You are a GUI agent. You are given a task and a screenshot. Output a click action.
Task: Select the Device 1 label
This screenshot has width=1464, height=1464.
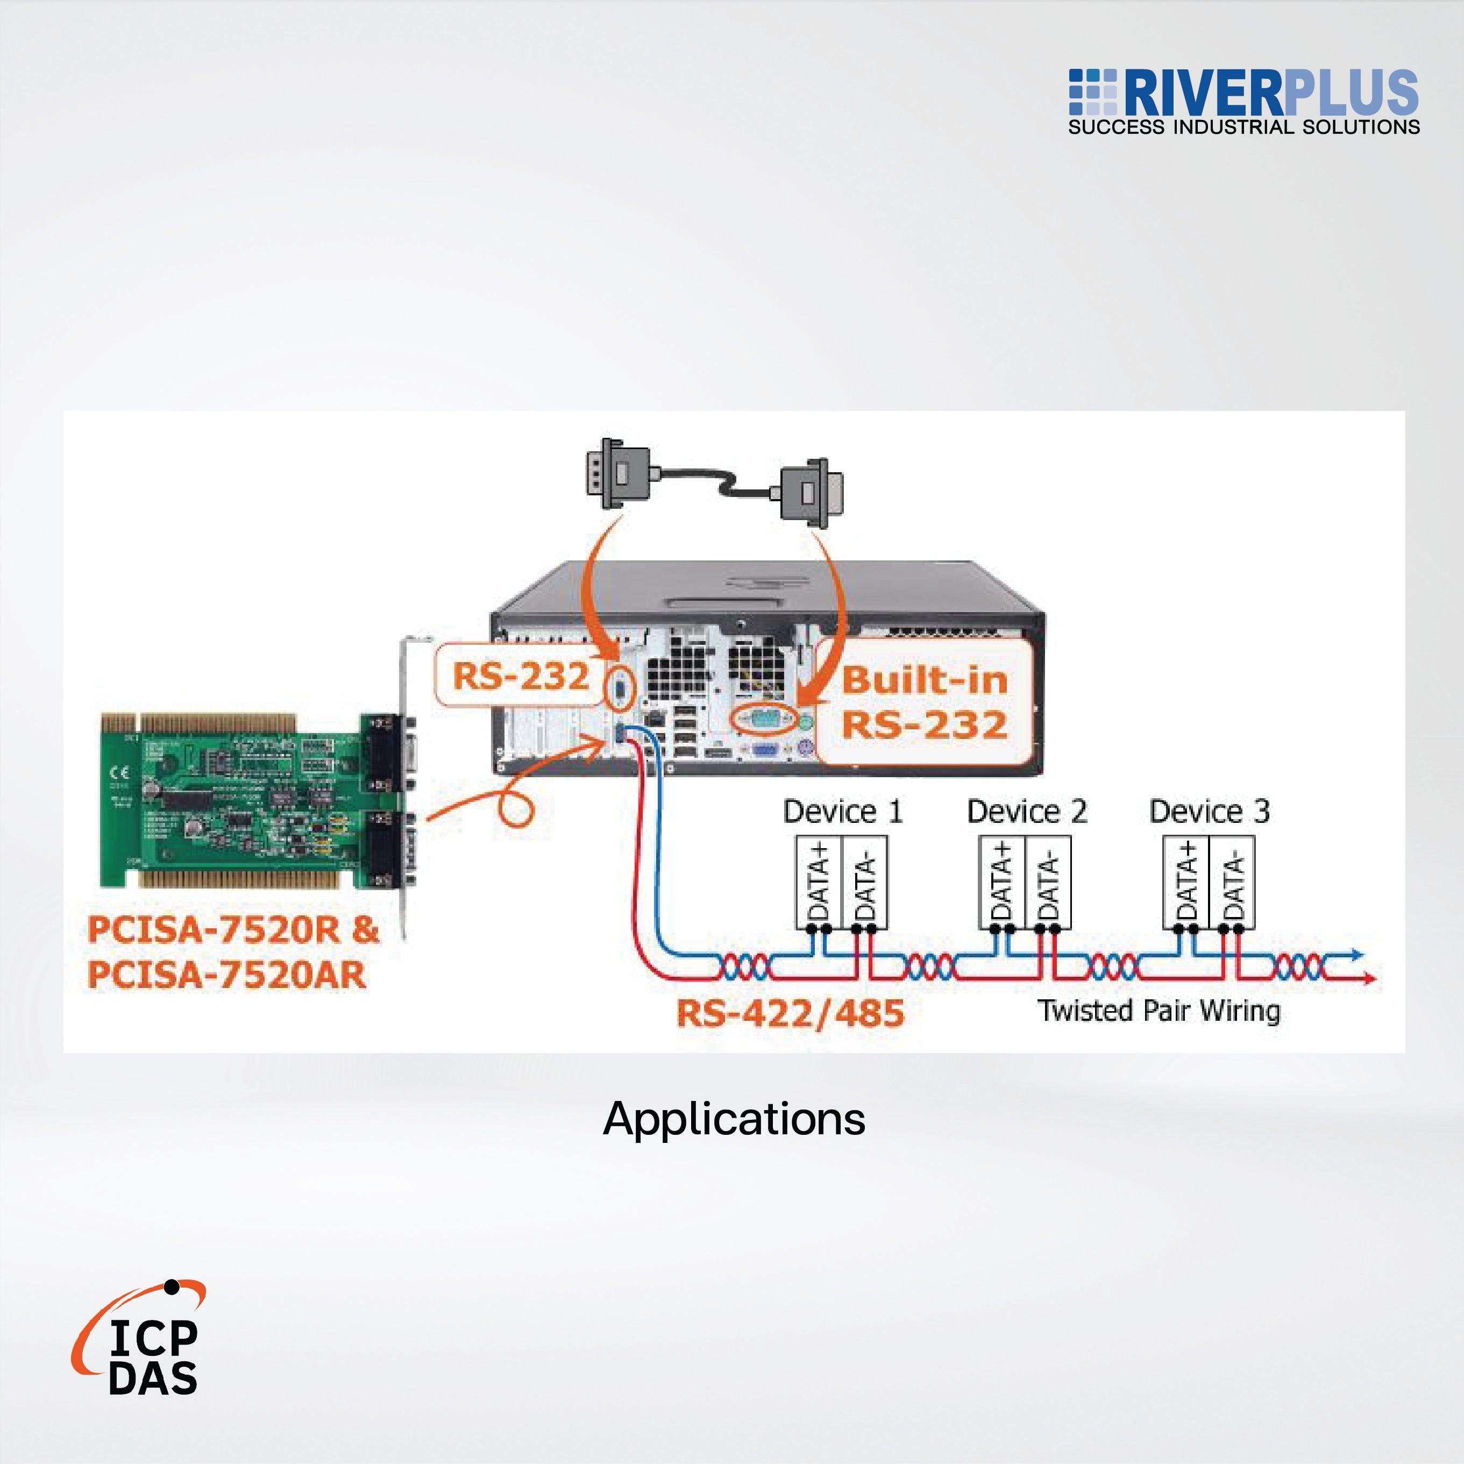[x=843, y=812]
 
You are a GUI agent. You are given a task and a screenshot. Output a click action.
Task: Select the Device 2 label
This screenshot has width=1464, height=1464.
[x=1026, y=812]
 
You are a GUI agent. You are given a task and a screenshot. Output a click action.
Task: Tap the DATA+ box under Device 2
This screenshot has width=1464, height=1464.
[x=1002, y=882]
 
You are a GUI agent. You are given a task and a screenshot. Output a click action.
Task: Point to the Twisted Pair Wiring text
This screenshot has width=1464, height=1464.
[x=1159, y=1011]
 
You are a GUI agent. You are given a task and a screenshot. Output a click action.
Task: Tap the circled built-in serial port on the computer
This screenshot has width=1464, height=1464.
[x=764, y=719]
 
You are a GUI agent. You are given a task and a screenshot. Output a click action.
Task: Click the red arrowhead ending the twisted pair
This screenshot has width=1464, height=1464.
[x=1371, y=979]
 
